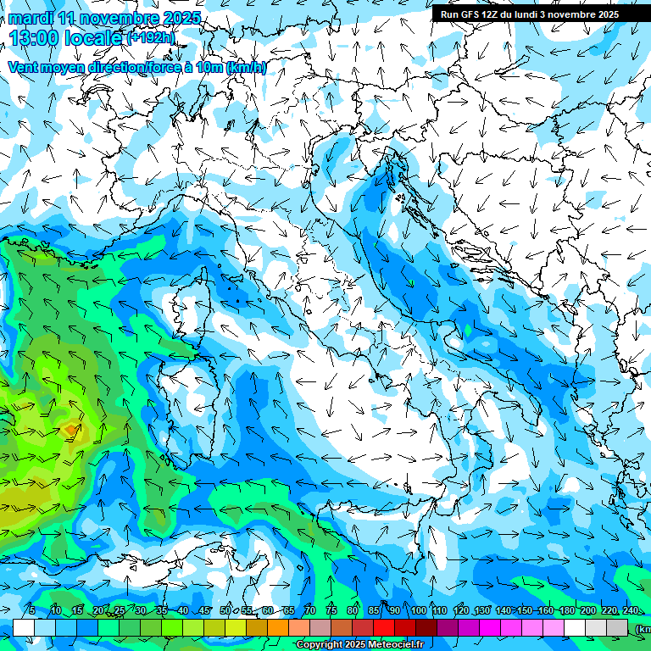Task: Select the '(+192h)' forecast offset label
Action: (151, 37)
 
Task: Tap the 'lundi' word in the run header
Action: (536, 14)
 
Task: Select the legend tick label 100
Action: (418, 611)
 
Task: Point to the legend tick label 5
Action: (32, 611)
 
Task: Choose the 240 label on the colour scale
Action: (630, 611)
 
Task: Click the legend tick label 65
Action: (289, 611)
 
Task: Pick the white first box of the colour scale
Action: (23, 627)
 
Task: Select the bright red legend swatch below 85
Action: (384, 627)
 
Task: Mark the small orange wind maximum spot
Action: (70, 430)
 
